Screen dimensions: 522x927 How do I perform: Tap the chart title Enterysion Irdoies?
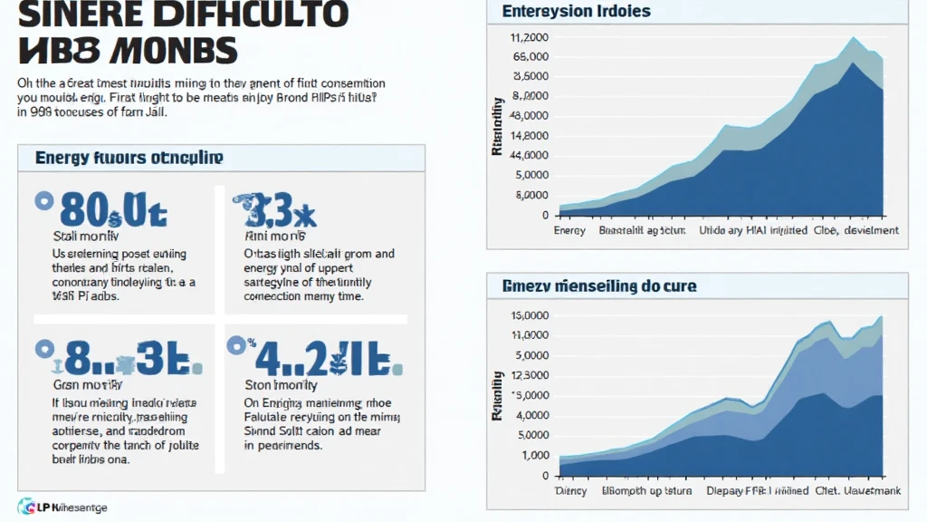(x=576, y=12)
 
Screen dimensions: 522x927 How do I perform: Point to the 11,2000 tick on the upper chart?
(x=530, y=38)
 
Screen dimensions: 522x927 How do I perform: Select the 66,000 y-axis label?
(x=531, y=57)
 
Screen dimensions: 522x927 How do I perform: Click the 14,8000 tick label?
(x=530, y=136)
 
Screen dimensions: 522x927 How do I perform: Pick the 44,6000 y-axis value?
(x=530, y=156)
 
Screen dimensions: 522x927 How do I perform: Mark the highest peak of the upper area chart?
(x=853, y=39)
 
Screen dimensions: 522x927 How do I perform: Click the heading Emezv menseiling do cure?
(x=599, y=286)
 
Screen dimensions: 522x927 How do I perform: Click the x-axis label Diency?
(x=571, y=491)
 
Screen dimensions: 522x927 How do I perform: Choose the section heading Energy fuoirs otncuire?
(x=129, y=158)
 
